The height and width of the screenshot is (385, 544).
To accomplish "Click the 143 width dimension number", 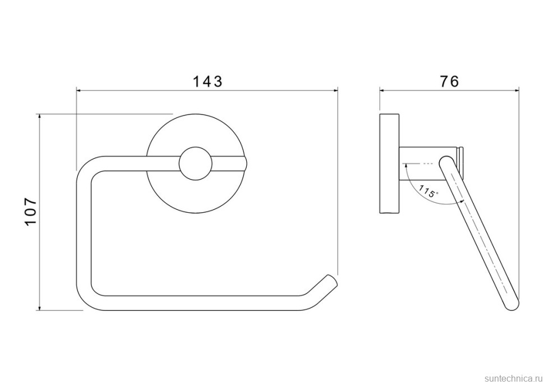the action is (x=207, y=81).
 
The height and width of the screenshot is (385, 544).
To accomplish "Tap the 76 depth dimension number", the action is (x=449, y=81).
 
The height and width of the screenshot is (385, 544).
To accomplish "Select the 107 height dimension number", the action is (x=31, y=212).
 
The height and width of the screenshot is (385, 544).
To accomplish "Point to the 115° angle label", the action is (x=428, y=191).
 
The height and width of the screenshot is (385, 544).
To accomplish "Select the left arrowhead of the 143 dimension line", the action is (x=79, y=90).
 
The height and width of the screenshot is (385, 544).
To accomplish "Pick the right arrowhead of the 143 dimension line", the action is (x=335, y=90).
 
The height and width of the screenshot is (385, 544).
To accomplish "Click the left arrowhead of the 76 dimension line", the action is (x=382, y=90).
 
